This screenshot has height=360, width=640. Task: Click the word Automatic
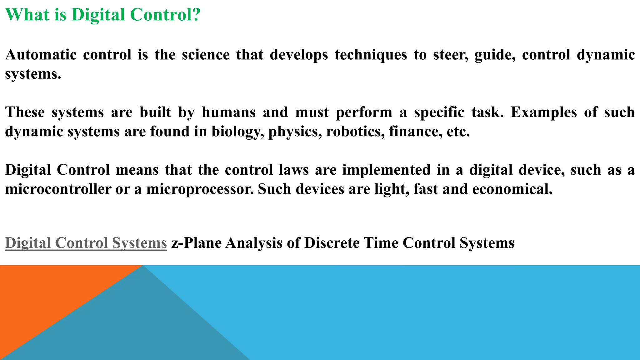pos(41,55)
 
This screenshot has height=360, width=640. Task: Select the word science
pos(206,55)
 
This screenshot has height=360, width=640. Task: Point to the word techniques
pos(371,55)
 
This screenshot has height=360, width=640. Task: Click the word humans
pos(229,112)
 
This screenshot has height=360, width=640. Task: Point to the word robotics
pos(355,132)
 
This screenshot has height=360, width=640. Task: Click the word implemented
pos(386,170)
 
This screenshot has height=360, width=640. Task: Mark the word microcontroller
pos(58,189)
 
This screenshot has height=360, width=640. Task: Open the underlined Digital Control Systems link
pos(86,243)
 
